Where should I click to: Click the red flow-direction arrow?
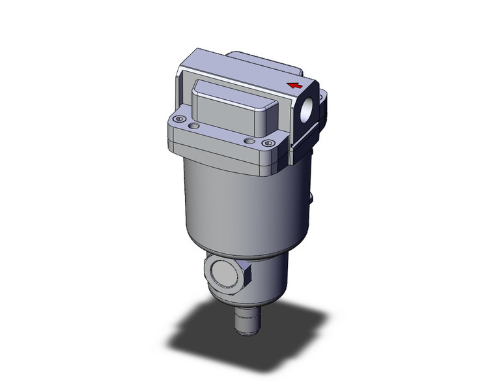click(x=295, y=85)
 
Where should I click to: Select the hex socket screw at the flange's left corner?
click(x=177, y=119)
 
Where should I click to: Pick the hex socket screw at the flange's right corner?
click(x=266, y=143)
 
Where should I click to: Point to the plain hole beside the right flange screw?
click(x=248, y=140)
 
